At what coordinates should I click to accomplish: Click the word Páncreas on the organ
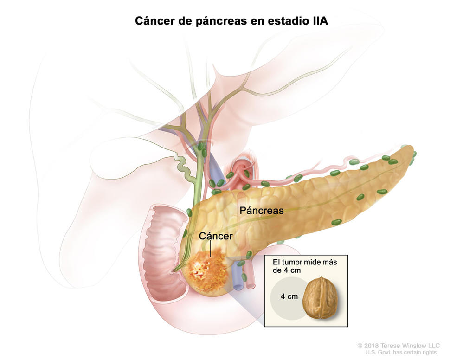(x=262, y=211)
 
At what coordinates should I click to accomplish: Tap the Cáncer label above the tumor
(x=216, y=236)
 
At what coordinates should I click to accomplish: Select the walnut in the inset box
(x=321, y=298)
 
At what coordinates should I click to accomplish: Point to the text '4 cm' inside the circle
(x=289, y=296)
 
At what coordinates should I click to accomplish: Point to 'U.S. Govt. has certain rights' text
(x=401, y=352)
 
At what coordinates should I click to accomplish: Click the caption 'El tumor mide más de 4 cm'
(x=305, y=266)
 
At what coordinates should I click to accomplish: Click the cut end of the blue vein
(x=238, y=286)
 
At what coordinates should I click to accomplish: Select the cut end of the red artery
(x=251, y=286)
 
